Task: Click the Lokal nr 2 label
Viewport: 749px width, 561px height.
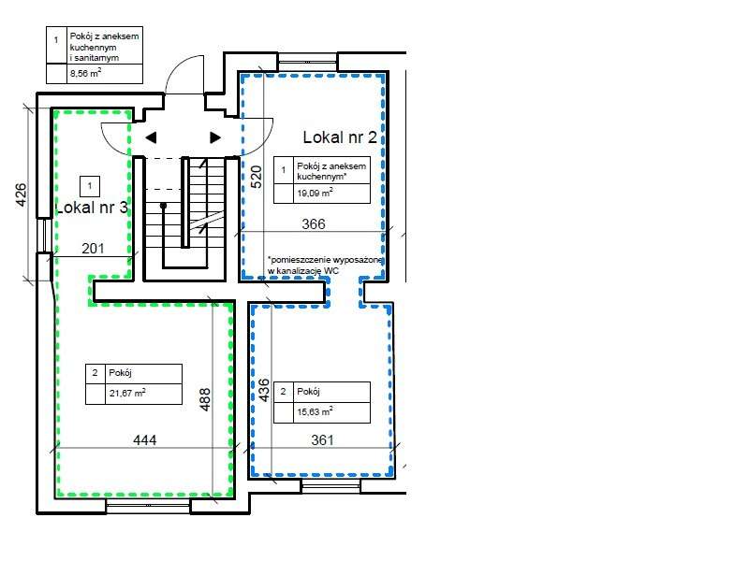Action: pos(340,137)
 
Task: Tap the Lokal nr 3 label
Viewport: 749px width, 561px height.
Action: pos(92,208)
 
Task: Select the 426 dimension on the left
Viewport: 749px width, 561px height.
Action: pos(21,194)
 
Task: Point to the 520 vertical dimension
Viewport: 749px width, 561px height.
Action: pos(257,177)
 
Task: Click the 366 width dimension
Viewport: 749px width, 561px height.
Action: pos(314,223)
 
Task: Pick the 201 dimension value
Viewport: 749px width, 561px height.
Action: pos(93,248)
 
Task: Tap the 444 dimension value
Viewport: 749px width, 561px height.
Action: pos(145,439)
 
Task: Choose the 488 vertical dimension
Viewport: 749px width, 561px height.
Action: pos(204,400)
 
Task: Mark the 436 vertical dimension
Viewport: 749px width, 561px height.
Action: pos(264,390)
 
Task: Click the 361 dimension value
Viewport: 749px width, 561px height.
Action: pos(322,439)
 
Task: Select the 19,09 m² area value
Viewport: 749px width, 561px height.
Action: pos(315,194)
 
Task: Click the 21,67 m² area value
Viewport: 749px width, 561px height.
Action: pos(127,393)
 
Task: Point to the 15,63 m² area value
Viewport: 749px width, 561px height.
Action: pos(315,411)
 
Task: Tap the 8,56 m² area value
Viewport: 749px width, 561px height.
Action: pos(85,74)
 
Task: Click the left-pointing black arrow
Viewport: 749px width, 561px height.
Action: pos(151,137)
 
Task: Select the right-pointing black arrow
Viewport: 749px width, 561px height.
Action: pos(215,137)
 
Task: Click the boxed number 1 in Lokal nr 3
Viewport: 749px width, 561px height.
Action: pos(90,186)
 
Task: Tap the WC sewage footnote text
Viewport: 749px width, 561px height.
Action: pos(325,266)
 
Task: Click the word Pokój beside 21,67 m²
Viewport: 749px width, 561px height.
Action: pos(120,373)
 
